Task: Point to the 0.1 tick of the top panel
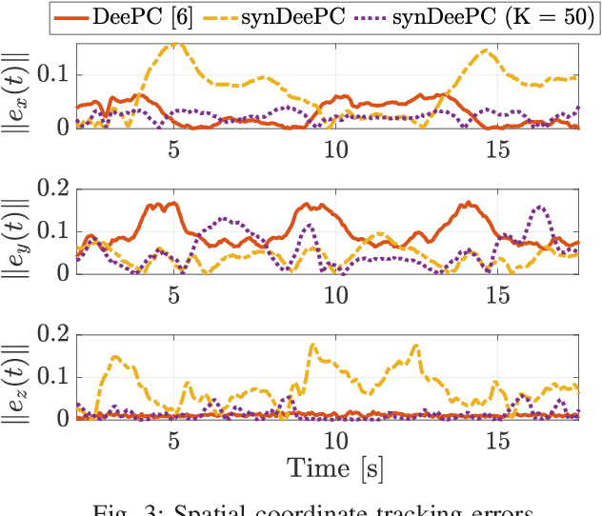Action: [53, 74]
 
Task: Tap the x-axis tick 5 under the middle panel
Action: [173, 294]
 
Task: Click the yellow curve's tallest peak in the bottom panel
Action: [313, 345]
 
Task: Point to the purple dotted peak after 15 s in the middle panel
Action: [540, 206]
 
